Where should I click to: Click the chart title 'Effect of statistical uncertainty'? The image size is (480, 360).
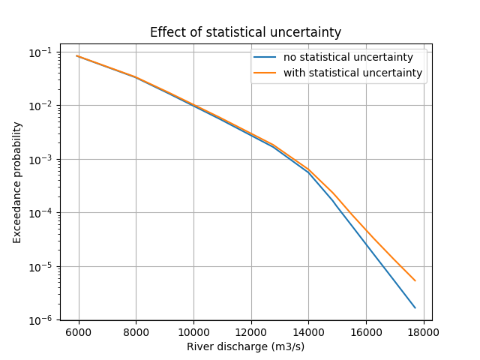point(245,32)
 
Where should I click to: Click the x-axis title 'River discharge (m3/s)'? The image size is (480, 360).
point(245,346)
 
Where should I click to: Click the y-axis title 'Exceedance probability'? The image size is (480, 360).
point(17,181)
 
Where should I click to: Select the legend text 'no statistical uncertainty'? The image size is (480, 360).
point(348,58)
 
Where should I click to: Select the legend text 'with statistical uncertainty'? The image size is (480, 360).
point(352,73)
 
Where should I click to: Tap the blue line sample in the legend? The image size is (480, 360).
point(265,58)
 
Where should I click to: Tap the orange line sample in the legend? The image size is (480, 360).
point(265,73)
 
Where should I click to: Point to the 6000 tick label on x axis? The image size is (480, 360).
point(78,332)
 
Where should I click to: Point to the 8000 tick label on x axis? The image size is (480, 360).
point(136,332)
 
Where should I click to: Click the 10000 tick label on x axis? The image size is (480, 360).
point(193,332)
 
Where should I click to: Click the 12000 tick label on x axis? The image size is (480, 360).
point(250,332)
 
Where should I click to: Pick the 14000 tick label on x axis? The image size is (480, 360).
point(308,332)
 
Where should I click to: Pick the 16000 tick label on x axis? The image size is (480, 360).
point(366,332)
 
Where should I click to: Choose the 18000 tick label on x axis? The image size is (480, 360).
point(423,332)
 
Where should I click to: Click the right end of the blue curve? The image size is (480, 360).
point(415,307)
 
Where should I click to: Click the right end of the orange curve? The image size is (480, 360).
point(415,280)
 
